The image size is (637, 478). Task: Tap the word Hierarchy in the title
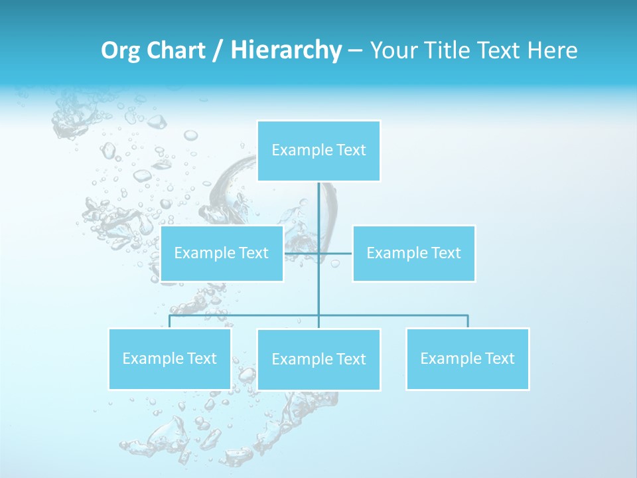pos(285,50)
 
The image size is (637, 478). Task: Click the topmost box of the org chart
pos(318,151)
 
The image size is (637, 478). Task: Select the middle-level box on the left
pos(222,253)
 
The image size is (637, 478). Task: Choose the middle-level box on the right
pos(414,253)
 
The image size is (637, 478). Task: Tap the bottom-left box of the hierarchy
pos(169,358)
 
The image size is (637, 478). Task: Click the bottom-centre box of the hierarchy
pos(318,359)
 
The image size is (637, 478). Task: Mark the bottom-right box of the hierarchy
pos(468,358)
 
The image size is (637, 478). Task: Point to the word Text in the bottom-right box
pos(499,358)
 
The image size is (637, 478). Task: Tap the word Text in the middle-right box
pos(445,253)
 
